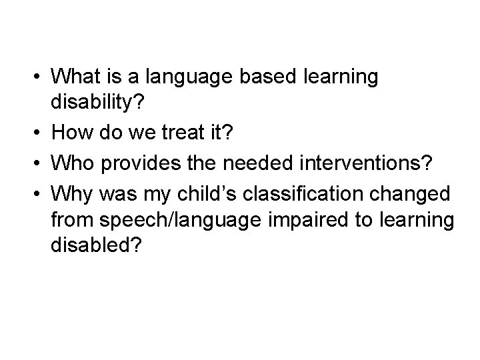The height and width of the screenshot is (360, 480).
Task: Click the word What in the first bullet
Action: click(75, 77)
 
